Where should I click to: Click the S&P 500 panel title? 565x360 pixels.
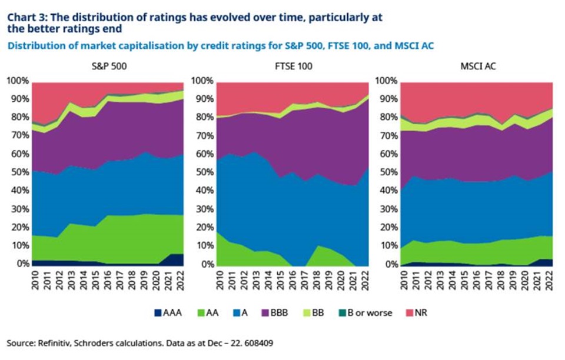click(109, 66)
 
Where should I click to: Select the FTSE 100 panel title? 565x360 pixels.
click(294, 66)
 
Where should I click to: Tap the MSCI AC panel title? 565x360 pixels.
click(478, 66)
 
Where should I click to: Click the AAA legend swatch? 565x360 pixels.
click(158, 313)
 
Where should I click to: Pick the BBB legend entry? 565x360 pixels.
click(275, 313)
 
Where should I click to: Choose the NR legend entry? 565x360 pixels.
click(417, 313)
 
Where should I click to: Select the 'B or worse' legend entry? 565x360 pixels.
click(365, 313)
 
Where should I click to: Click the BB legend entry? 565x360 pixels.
click(314, 313)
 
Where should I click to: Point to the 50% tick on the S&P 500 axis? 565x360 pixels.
click(18, 172)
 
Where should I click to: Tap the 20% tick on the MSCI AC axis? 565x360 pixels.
click(387, 227)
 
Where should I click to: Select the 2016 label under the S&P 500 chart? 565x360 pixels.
click(108, 280)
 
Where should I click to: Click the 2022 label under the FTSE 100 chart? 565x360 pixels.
click(365, 280)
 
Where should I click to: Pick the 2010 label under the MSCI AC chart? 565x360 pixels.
click(404, 280)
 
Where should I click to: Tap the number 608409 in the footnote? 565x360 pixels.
click(258, 343)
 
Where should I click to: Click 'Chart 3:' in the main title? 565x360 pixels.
click(25, 17)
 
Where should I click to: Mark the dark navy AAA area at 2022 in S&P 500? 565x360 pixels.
click(176, 259)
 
